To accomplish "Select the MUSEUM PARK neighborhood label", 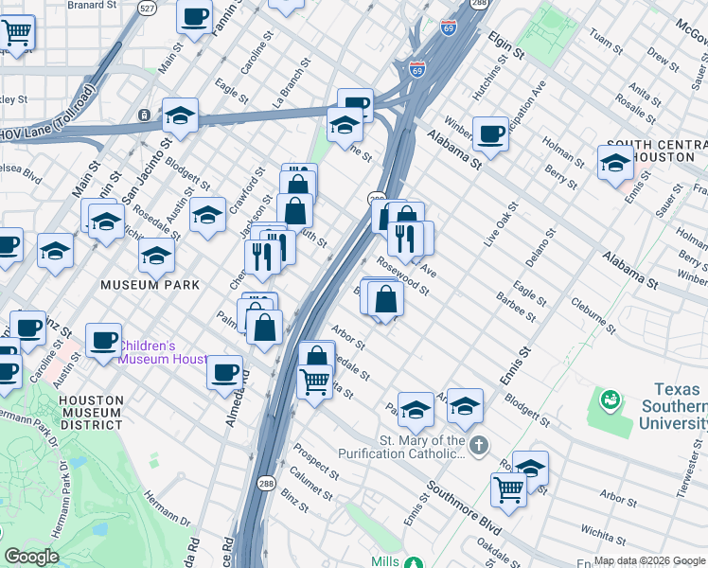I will (151, 284).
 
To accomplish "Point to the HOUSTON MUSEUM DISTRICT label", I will (90, 412).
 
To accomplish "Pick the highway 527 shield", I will (146, 8).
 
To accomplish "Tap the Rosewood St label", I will (403, 275).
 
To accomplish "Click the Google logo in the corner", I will (31, 557).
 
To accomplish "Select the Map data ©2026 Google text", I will (649, 560).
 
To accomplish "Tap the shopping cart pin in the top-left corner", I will (17, 32).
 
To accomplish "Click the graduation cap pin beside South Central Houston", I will (615, 163).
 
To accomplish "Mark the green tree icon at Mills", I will (413, 563).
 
